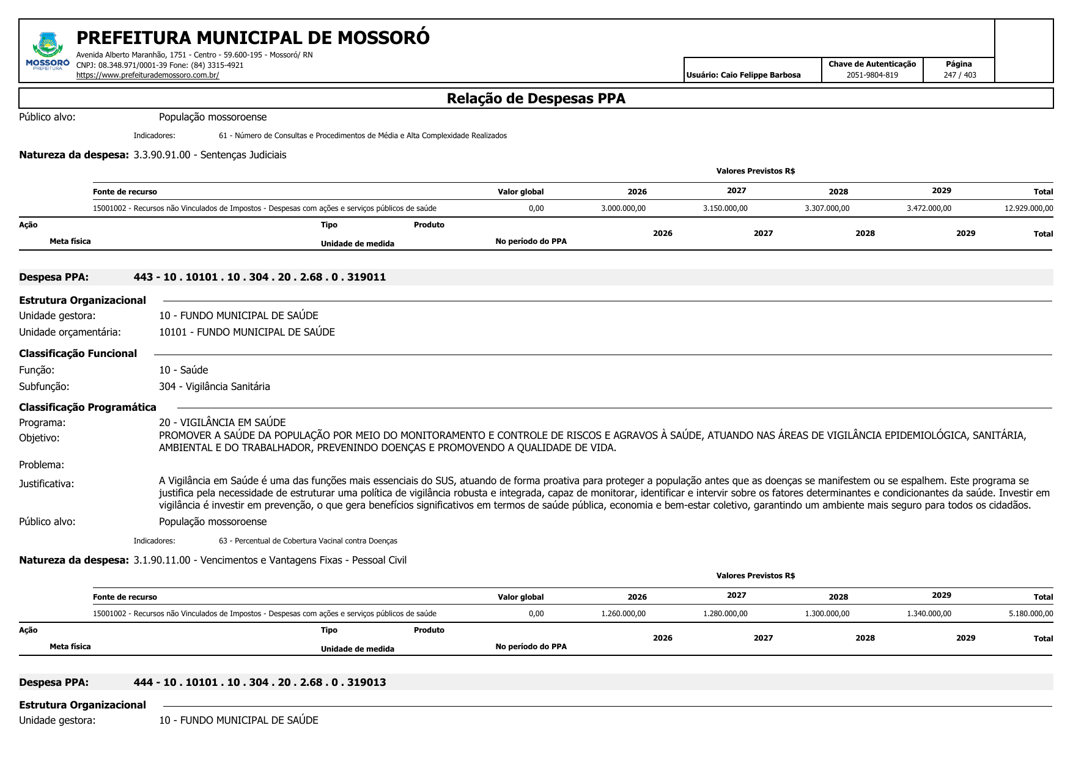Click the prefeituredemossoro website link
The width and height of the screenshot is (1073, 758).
147,75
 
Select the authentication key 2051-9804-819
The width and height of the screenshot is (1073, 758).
872,75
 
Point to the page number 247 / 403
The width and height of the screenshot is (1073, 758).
959,75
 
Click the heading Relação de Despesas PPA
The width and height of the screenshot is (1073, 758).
536,98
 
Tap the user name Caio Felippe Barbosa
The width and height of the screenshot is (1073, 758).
743,75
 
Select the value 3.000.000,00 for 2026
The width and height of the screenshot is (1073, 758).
623,208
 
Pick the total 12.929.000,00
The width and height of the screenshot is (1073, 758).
1028,208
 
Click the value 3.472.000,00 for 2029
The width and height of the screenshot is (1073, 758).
929,208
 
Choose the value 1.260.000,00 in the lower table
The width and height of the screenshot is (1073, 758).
623,614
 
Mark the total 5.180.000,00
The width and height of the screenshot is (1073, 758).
1030,614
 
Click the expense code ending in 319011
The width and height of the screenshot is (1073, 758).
259,277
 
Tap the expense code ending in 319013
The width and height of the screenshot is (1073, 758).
259,682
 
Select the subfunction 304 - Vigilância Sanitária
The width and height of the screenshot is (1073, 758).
214,386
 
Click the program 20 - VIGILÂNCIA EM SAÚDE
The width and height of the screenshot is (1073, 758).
222,422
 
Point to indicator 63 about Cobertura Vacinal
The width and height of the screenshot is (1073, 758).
308,541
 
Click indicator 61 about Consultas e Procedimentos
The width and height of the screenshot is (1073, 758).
363,136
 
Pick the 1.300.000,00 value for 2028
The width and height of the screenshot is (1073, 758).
827,614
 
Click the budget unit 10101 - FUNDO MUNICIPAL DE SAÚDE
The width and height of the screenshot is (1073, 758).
246,332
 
